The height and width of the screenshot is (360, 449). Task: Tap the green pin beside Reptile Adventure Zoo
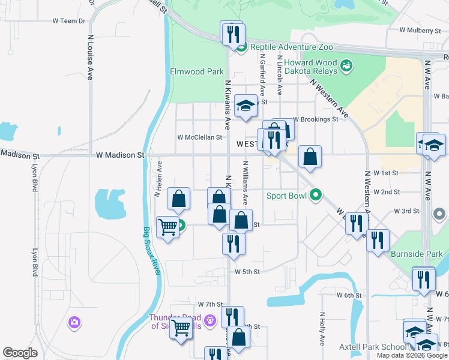pos(241,47)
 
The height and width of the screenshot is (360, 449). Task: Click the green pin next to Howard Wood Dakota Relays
pos(346,65)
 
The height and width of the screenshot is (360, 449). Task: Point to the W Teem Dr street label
pos(70,20)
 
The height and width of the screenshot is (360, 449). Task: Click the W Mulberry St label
pos(420,30)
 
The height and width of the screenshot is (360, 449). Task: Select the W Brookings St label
pos(316,119)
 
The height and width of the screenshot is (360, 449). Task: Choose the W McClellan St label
pos(200,137)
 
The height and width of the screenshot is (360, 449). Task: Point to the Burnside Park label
pos(417,254)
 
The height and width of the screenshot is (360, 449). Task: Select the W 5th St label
pos(247,272)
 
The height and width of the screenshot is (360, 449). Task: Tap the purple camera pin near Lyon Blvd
pos(74,323)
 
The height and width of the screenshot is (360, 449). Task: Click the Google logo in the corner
pos(20,353)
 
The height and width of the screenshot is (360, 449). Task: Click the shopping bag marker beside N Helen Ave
pos(179,199)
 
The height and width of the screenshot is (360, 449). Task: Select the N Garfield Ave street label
pos(262,75)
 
